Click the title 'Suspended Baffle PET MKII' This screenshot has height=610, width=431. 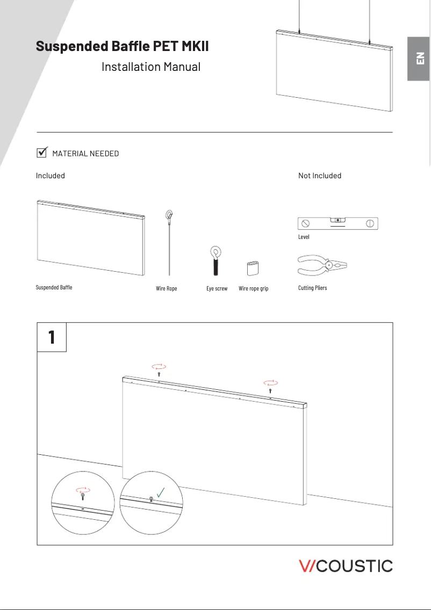[122, 46]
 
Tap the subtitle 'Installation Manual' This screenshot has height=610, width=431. [151, 67]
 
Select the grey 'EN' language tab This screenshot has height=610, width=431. [419, 59]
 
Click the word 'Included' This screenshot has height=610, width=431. [51, 176]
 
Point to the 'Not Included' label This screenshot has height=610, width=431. [320, 176]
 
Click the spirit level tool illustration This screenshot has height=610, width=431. [337, 223]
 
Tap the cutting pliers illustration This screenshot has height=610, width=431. [322, 265]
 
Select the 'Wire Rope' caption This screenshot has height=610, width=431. [167, 289]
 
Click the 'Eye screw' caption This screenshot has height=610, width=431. [217, 289]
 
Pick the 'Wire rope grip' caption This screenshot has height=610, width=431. [254, 289]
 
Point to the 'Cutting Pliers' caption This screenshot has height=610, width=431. [313, 288]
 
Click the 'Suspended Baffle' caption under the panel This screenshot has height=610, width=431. [54, 288]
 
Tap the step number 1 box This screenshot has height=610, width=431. [52, 337]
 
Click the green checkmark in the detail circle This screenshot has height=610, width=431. [160, 491]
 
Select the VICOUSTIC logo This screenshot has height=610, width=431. [346, 566]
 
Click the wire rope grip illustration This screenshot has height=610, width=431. [253, 268]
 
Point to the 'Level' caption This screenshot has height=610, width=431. [304, 237]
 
